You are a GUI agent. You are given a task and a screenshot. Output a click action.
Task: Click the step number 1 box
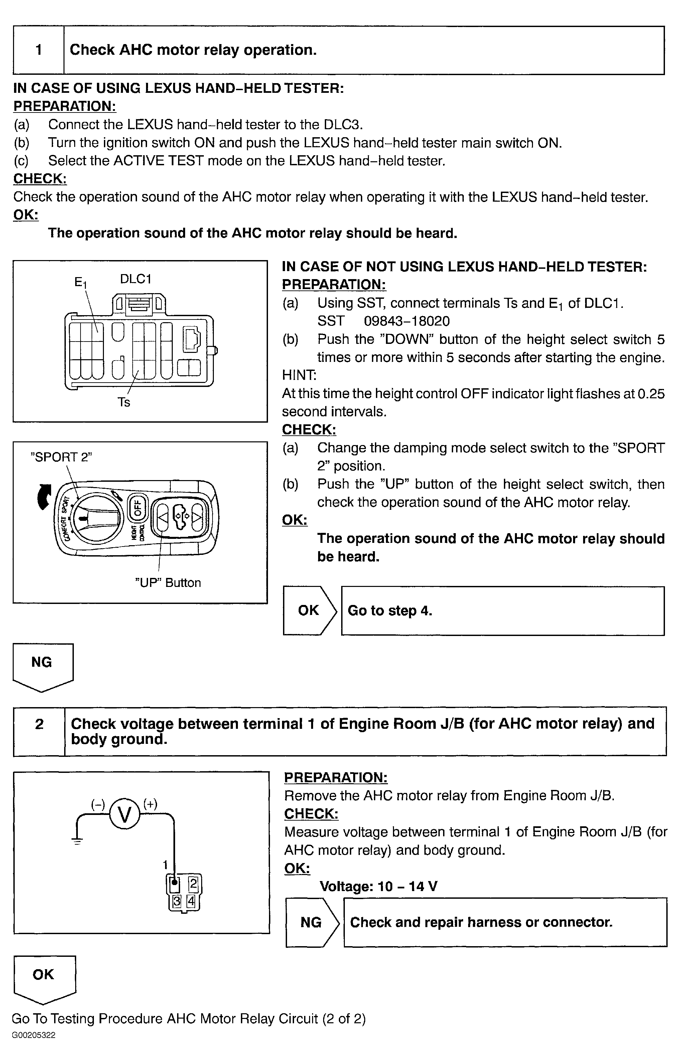[x=38, y=50]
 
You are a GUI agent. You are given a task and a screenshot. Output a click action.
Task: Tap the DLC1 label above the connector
[x=136, y=279]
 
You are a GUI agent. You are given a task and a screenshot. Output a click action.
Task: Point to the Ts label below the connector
[x=124, y=402]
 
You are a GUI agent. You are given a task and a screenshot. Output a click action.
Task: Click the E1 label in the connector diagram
[x=80, y=282]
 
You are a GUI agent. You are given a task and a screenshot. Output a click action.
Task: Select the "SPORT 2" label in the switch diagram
[x=61, y=457]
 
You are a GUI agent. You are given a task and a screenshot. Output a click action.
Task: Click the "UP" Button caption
[x=168, y=583]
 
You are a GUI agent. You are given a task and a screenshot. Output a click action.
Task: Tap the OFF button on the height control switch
[x=137, y=507]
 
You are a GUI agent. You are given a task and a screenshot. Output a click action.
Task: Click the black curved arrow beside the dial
[x=44, y=497]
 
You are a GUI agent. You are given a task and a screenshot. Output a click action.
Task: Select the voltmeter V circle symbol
[x=125, y=815]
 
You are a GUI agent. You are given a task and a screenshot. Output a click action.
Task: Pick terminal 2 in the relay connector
[x=193, y=883]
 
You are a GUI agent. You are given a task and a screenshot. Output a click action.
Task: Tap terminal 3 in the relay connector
[x=177, y=900]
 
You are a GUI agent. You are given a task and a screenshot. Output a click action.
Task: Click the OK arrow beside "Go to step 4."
[x=309, y=611]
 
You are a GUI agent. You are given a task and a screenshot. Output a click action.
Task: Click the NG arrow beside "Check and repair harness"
[x=311, y=922]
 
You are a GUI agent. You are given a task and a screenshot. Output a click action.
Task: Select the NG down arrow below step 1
[x=42, y=666]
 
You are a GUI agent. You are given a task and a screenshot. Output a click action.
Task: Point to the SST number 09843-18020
[x=407, y=321]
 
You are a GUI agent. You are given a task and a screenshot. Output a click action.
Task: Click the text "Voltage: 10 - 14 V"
[x=378, y=886]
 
